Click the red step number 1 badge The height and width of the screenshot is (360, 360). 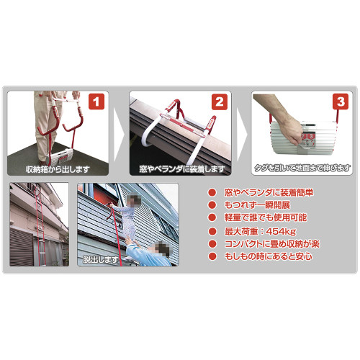(x=96, y=102)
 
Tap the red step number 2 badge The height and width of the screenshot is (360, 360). (x=220, y=102)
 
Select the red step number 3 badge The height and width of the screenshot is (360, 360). (x=341, y=102)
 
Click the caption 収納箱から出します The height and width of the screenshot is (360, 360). (x=58, y=169)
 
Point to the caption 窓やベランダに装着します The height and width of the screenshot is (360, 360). (x=182, y=169)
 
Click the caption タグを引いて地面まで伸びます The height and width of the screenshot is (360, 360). (x=302, y=168)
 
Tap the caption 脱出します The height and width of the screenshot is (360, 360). (x=100, y=259)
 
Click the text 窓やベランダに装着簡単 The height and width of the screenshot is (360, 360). (x=269, y=192)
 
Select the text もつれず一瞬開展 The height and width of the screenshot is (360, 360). (x=257, y=205)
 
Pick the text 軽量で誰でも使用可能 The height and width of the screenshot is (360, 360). (x=266, y=217)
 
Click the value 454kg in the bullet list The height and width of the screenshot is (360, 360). (x=281, y=232)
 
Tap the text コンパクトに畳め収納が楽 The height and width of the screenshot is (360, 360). (x=272, y=244)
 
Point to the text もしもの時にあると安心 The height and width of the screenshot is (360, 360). (x=269, y=256)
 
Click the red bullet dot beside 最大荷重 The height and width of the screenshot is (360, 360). (x=212, y=232)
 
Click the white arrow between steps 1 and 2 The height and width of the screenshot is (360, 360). (x=119, y=133)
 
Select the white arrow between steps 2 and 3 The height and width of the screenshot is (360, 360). (x=242, y=133)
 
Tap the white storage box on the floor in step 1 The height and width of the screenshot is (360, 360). (x=61, y=156)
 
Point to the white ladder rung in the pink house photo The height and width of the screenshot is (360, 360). (x=40, y=252)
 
